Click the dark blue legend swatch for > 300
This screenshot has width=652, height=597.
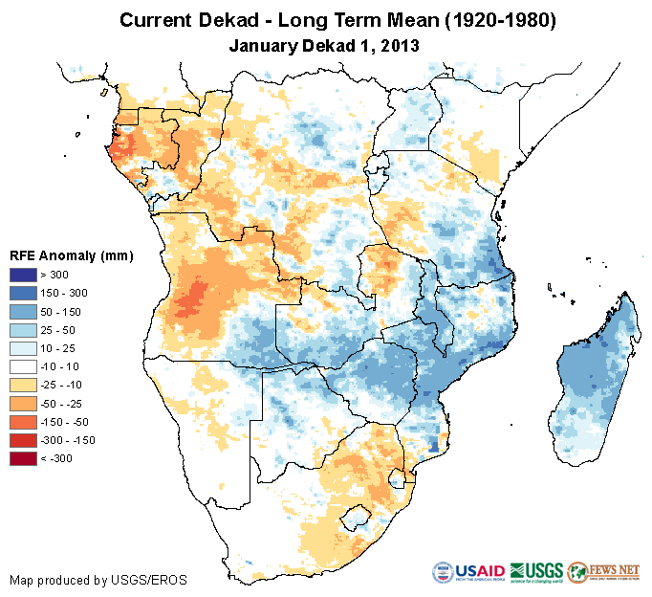[24, 276]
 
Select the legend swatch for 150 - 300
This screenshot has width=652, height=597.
[24, 294]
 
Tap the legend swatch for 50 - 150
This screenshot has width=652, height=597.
[24, 312]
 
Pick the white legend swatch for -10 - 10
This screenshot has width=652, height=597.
[24, 366]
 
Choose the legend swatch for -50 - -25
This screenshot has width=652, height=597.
[24, 403]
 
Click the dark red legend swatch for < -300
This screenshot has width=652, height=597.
[24, 458]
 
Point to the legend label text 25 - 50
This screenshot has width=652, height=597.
[68, 330]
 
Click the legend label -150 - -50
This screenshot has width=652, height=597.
[74, 422]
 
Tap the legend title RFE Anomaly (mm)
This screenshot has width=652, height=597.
[71, 255]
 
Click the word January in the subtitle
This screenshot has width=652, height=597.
[264, 45]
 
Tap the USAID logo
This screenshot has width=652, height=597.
[467, 573]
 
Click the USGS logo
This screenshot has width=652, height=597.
[536, 573]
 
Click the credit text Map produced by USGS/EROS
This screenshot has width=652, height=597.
[98, 580]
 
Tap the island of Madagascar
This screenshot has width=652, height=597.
[593, 373]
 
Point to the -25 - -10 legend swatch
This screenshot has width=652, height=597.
[24, 385]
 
